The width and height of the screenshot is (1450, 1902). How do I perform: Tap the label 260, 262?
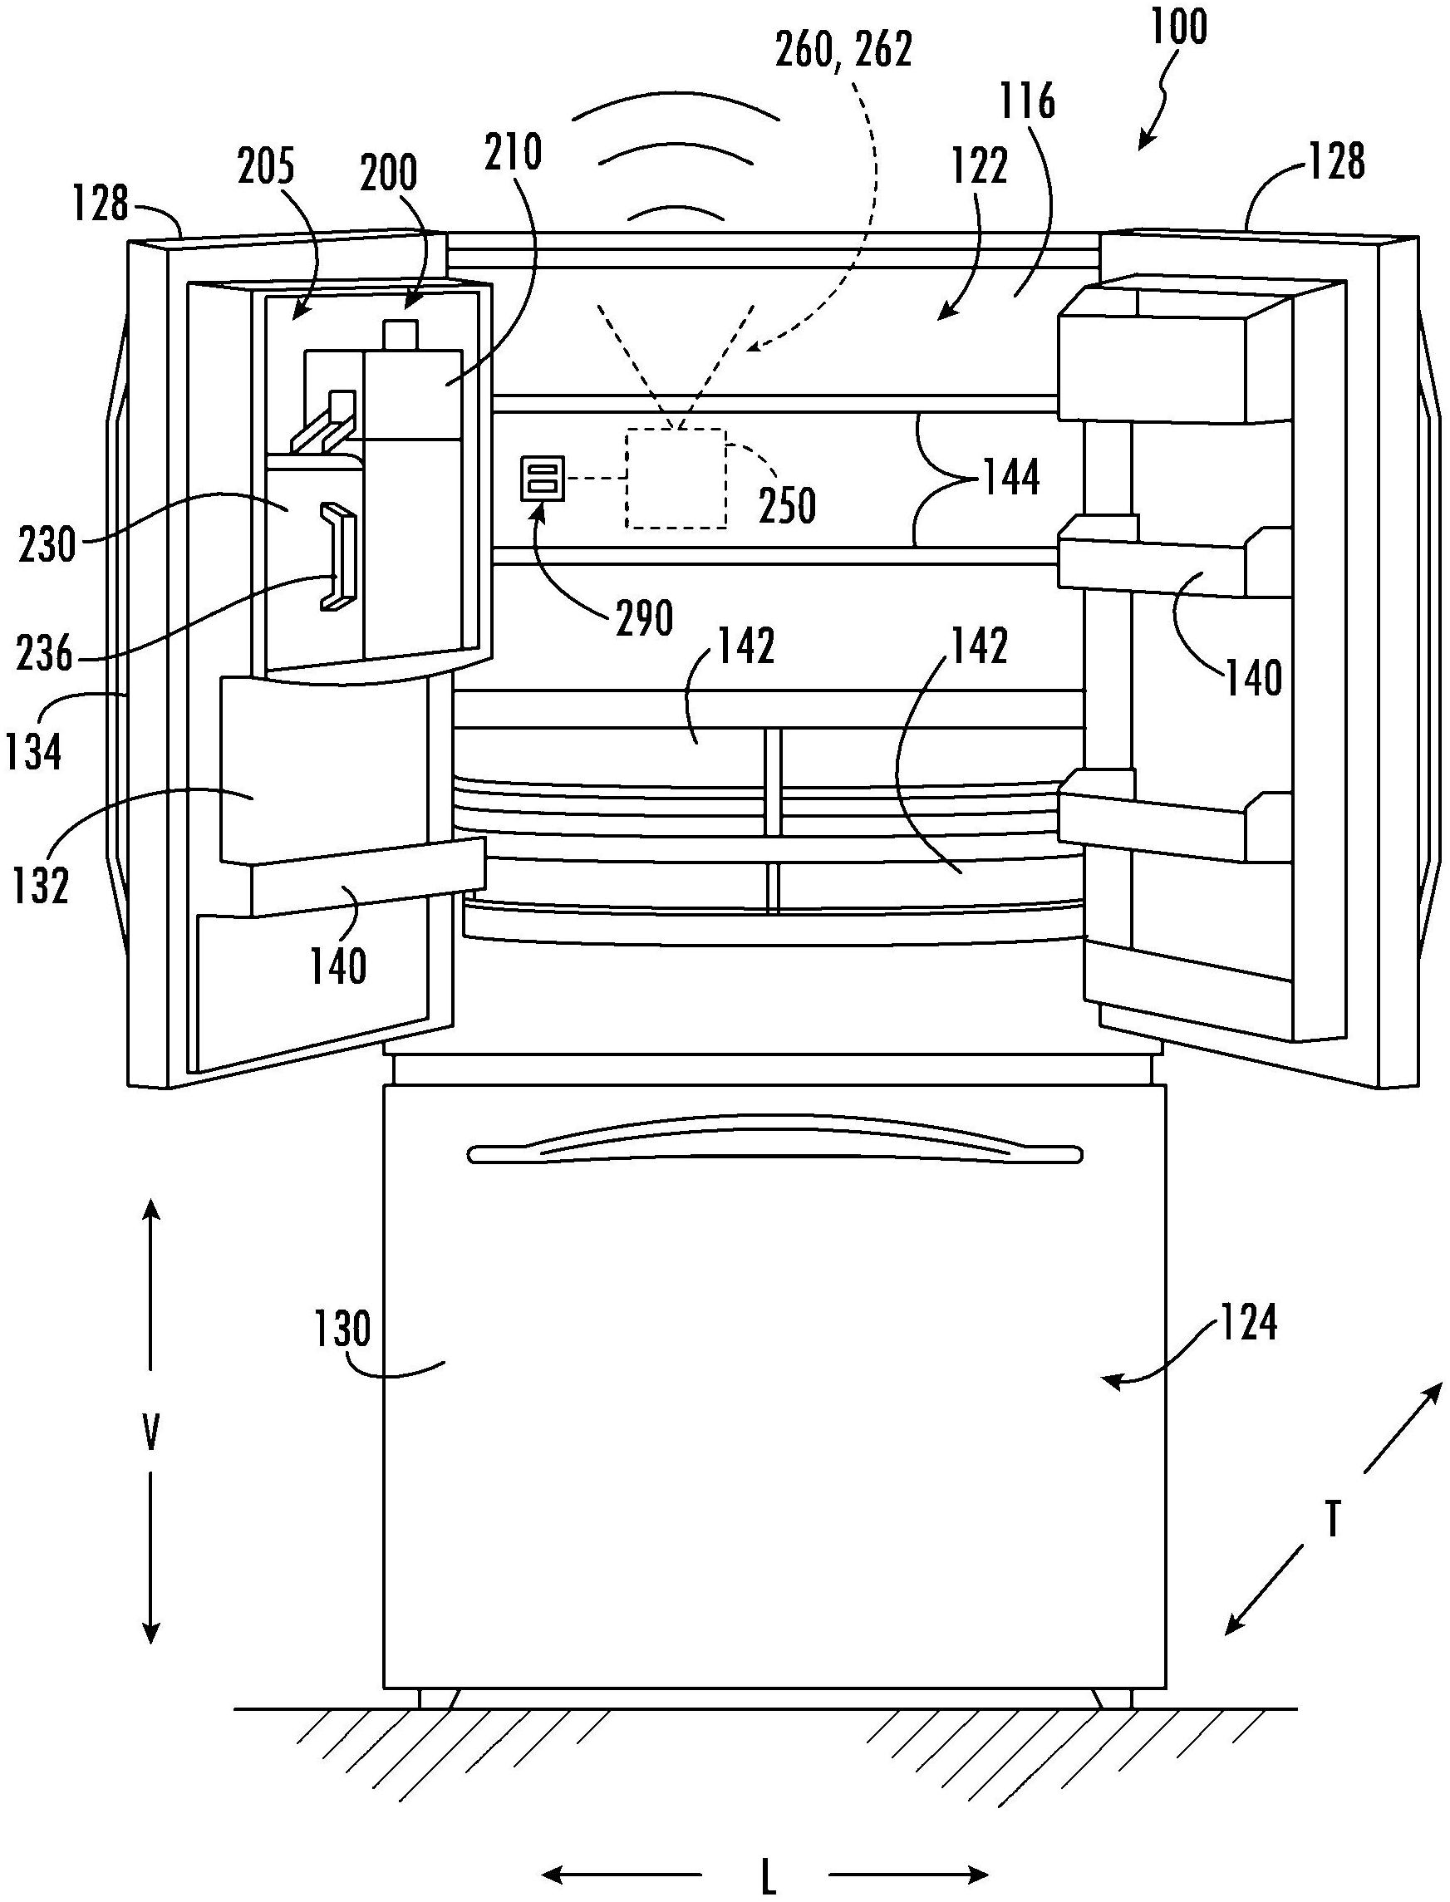click(843, 50)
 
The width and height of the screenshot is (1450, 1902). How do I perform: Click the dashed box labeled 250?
click(676, 478)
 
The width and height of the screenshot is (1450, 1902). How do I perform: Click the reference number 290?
click(645, 618)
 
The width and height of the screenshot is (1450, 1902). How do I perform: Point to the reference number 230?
click(47, 544)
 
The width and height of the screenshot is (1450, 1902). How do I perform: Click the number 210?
click(514, 153)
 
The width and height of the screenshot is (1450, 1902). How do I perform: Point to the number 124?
click(1248, 1322)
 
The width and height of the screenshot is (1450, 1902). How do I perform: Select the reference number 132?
click(41, 886)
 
